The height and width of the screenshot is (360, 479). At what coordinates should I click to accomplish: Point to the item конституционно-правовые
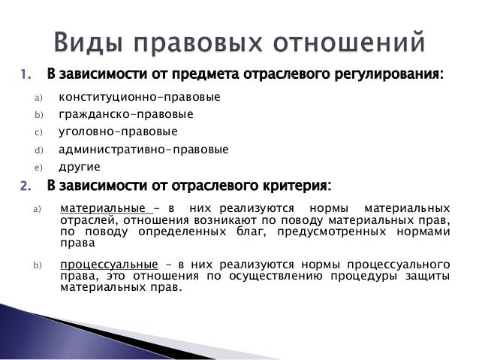pos(140,98)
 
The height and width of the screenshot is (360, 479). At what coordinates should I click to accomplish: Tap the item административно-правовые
pos(144,150)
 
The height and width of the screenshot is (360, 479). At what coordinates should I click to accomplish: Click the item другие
pos(79,167)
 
